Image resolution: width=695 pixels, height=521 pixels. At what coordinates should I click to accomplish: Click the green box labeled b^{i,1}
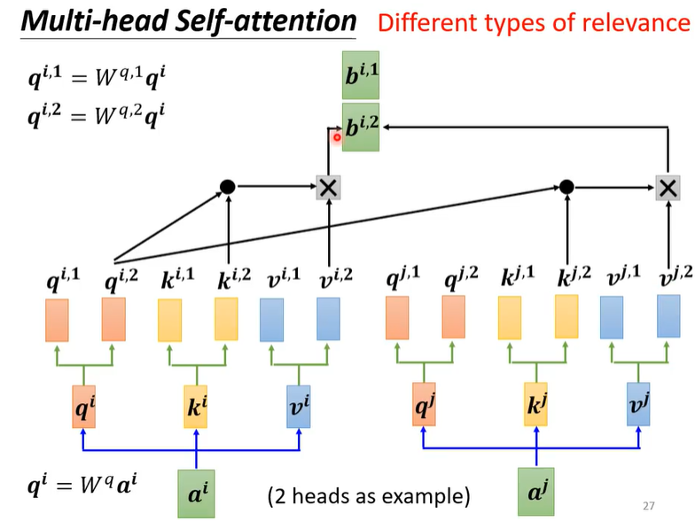tap(360, 74)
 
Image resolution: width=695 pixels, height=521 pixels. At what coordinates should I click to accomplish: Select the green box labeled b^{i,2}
tap(360, 128)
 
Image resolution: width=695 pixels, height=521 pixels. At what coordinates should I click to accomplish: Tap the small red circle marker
tap(337, 137)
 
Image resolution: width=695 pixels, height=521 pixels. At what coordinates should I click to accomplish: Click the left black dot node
tap(227, 186)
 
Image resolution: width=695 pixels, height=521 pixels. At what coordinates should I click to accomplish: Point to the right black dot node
tap(566, 187)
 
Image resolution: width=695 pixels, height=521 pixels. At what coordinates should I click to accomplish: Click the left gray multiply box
tap(328, 188)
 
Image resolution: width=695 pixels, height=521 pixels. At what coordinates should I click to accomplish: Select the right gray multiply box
tap(668, 188)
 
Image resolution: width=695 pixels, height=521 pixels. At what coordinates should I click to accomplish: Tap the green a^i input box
tap(197, 494)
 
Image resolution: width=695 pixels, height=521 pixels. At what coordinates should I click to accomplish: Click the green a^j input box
tap(536, 492)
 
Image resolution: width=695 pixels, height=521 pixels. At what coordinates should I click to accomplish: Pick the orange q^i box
tap(83, 406)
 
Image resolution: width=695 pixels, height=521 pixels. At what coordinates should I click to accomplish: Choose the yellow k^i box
tap(195, 406)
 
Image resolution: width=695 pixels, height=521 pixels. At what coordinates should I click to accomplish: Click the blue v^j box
tap(638, 404)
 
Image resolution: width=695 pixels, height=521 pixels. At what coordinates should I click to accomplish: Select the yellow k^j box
tap(535, 404)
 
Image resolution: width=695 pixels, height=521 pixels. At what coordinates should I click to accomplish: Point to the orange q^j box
tap(424, 404)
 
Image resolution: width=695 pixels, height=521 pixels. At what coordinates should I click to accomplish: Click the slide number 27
tap(649, 505)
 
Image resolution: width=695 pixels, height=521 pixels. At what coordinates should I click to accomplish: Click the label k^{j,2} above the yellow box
tap(574, 277)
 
